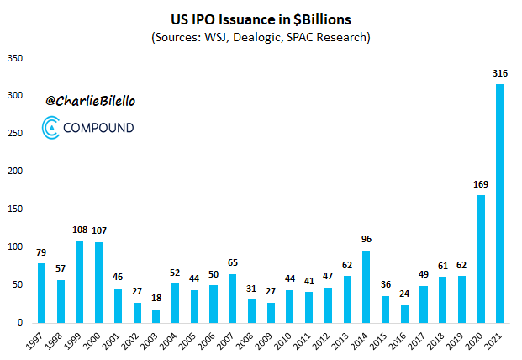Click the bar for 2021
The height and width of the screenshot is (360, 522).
click(x=501, y=203)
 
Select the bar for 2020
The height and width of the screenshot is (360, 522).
click(x=482, y=258)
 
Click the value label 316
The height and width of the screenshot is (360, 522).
click(x=501, y=74)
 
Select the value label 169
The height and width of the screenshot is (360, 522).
click(x=482, y=185)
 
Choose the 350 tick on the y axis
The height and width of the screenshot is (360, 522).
click(x=15, y=58)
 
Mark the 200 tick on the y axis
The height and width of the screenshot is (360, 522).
click(x=15, y=172)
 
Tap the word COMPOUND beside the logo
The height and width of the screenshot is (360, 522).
click(x=98, y=129)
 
